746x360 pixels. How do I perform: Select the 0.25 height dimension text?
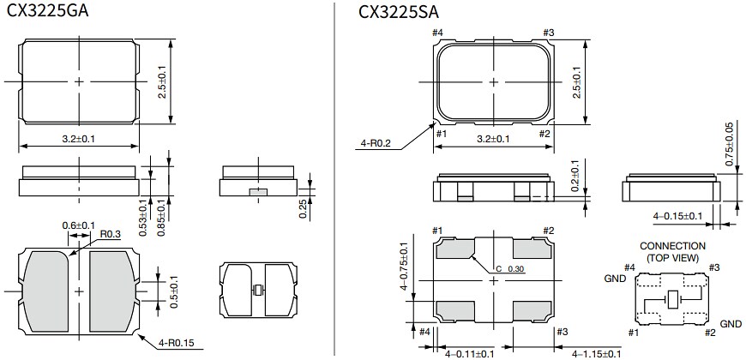304,207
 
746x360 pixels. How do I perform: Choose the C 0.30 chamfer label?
507,269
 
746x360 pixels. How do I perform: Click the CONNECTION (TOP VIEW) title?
672,251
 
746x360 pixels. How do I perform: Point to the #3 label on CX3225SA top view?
550,33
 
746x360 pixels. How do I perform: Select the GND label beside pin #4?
615,279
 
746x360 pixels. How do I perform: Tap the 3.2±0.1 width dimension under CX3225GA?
78,137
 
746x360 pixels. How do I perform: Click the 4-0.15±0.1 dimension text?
677,216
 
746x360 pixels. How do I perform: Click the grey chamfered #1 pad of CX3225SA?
454,249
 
